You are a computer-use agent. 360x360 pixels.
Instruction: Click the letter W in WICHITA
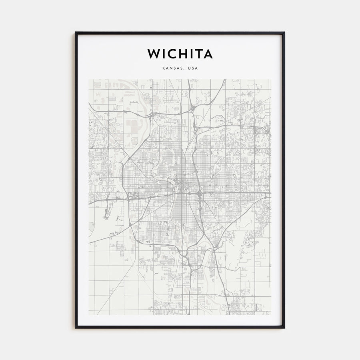(154, 54)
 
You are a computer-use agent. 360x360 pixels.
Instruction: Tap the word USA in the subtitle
(192, 68)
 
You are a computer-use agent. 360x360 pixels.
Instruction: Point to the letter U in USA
(189, 68)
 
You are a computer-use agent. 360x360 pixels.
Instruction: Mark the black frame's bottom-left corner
(76, 328)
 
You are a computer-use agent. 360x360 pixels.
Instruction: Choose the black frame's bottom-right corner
(284, 328)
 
